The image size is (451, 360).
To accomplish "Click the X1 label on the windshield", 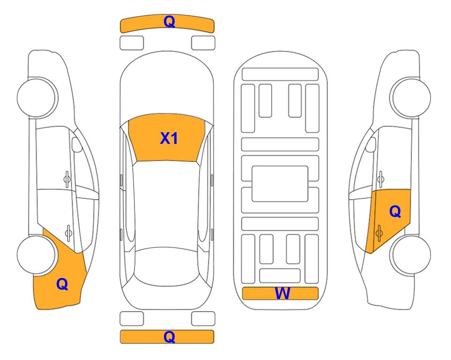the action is coord(169,138).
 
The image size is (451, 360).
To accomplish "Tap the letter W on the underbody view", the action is coord(282,293).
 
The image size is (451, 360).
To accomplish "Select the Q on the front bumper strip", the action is coord(169,21).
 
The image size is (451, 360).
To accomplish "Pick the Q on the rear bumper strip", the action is coord(169,337).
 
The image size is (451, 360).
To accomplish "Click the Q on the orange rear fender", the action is coord(62,284).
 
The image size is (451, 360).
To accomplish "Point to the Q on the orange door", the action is coord(395,212).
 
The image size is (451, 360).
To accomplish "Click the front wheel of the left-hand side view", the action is coord(37,97).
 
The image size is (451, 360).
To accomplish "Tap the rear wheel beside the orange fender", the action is coord(37,255).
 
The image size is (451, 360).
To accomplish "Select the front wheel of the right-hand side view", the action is coord(411,97).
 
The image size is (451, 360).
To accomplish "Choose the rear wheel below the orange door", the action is coord(411,255).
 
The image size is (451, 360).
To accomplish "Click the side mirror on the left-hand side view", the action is coord(76,144).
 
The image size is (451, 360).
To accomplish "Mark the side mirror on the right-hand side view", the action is coord(371,144).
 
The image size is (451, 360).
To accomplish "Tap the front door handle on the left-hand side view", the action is coord(67,179).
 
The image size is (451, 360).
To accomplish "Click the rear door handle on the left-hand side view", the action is coord(68,232).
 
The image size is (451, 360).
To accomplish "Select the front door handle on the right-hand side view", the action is coord(380,179).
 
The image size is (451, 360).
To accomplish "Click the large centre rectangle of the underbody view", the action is coord(280,184).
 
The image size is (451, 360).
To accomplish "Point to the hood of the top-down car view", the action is coord(167,86).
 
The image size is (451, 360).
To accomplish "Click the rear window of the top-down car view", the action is coord(167,266).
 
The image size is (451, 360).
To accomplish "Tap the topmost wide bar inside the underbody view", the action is coord(280,74).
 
